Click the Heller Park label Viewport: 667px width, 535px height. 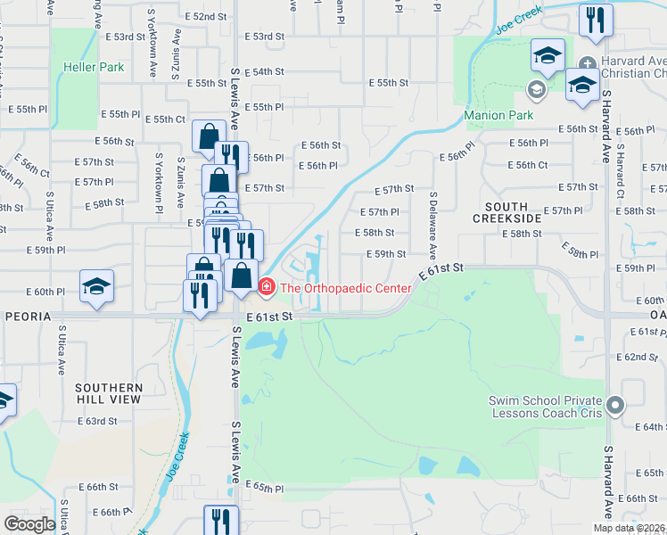point(94,67)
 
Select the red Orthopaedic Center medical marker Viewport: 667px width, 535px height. point(266,288)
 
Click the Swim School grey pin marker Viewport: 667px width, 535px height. point(614,407)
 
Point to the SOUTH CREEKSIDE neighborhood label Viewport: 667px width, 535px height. point(506,212)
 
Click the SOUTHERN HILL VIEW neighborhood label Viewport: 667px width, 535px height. point(109,393)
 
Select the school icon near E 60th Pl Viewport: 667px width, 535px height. point(96,286)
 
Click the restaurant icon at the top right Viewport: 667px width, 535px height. point(596,20)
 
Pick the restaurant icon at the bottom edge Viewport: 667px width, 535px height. point(220,521)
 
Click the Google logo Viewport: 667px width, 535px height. point(29,524)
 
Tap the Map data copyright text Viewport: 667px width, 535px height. point(630,528)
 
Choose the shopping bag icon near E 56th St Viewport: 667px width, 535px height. point(208,136)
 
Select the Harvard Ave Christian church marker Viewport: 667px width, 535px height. point(588,63)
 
